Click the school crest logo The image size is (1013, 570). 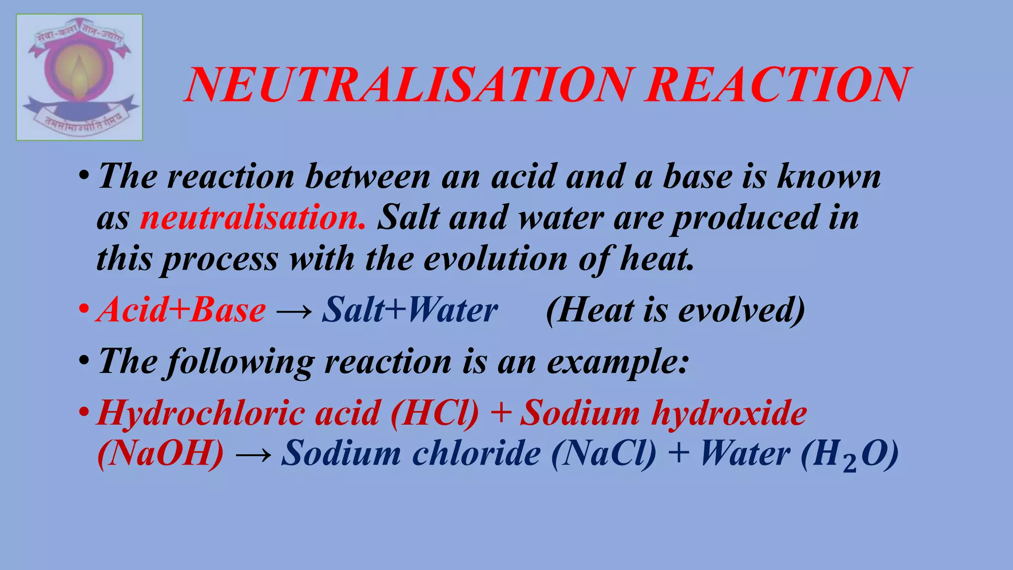(x=79, y=78)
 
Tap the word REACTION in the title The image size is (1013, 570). (x=777, y=85)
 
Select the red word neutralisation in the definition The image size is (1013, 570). (x=253, y=217)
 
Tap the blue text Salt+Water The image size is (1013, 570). (x=410, y=310)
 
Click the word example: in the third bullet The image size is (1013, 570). (x=618, y=362)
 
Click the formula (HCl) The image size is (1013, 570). (x=435, y=413)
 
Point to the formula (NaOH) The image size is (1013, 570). (x=161, y=453)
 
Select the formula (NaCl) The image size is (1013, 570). (x=603, y=453)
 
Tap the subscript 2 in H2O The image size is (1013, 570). (x=849, y=464)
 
